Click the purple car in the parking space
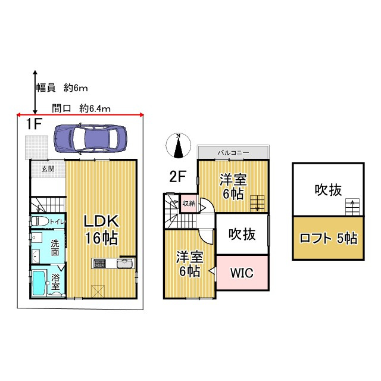pos(90,138)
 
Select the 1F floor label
pos(33,124)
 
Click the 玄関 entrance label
pos(48,169)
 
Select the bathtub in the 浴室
pos(38,283)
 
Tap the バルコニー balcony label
pos(233,153)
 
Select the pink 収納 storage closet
pos(189,204)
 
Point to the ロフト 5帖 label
pos(328,238)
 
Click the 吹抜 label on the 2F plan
pos(242,234)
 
